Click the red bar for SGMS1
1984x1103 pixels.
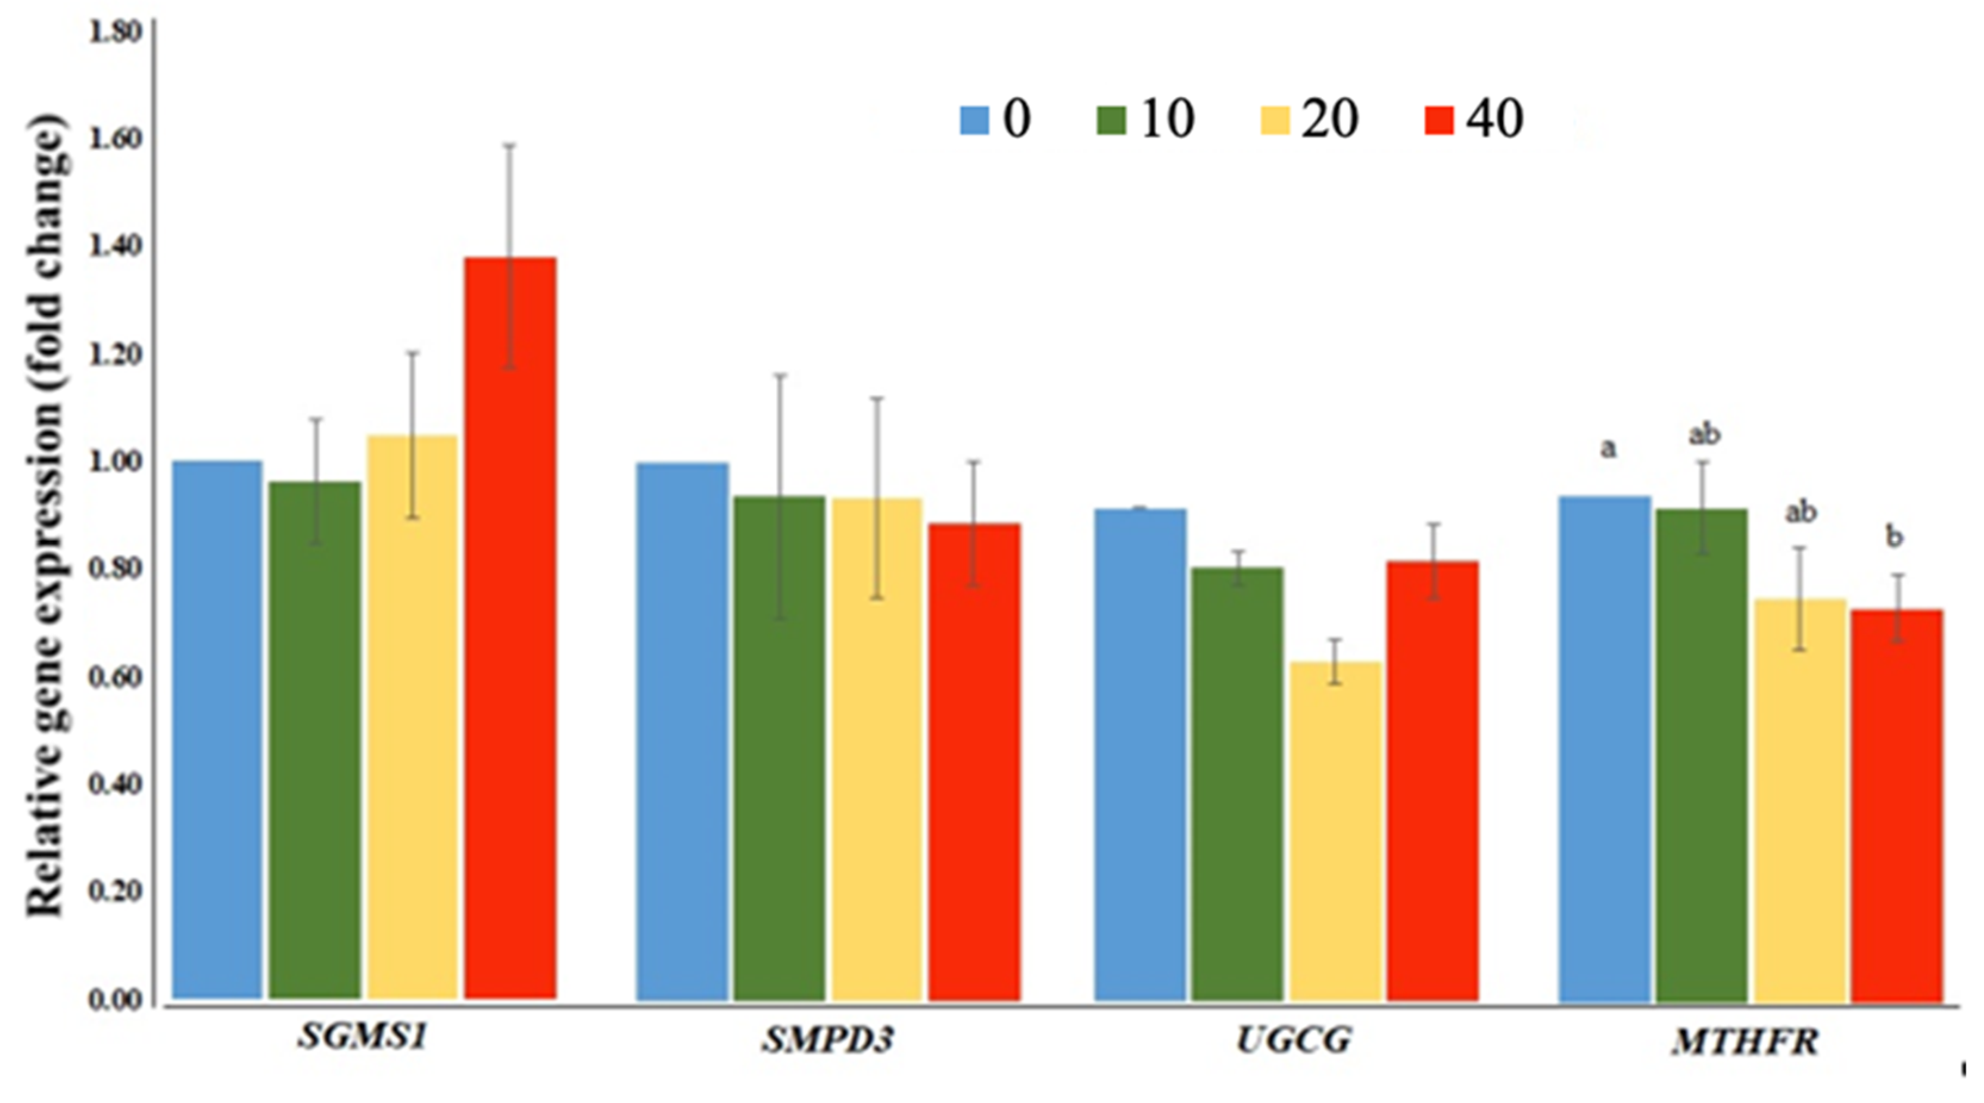pos(510,628)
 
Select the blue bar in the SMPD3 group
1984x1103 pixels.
pos(683,732)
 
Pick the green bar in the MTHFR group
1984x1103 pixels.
pos(1702,755)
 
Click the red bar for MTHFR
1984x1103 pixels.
pos(1897,805)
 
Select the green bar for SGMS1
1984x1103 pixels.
pos(315,740)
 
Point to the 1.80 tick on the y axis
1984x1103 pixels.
pos(116,32)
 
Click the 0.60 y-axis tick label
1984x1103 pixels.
pos(116,677)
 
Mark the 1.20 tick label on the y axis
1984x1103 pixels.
pos(116,355)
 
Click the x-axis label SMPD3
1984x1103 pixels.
pos(828,1040)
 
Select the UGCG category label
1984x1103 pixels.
pos(1294,1040)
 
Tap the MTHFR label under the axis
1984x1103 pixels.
pos(1745,1042)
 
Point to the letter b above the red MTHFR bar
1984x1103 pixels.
pos(1894,536)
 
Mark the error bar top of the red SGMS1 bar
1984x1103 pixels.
pos(510,145)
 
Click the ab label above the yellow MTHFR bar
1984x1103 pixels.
pos(1801,512)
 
